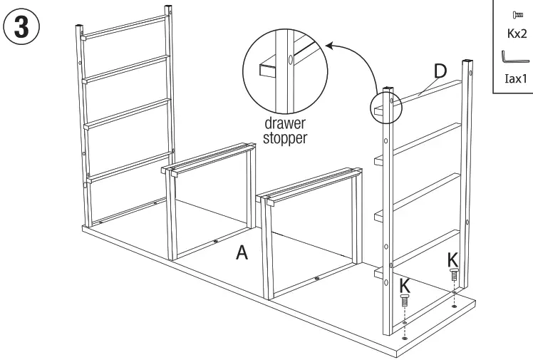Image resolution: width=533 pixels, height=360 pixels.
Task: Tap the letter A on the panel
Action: (243, 253)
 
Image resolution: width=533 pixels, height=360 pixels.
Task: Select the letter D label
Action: (440, 71)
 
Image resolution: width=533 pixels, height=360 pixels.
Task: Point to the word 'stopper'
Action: (285, 138)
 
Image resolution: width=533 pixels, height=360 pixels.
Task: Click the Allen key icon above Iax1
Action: (512, 58)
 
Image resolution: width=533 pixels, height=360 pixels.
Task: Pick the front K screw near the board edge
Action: (405, 301)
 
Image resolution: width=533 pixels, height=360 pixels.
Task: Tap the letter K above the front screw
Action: (405, 284)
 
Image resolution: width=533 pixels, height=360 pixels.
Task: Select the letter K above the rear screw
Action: (453, 257)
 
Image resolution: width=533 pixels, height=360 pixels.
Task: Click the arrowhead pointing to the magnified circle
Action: (328, 46)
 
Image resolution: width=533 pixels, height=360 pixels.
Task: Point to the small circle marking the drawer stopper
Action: (385, 105)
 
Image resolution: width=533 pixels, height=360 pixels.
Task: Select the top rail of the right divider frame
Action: (312, 182)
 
